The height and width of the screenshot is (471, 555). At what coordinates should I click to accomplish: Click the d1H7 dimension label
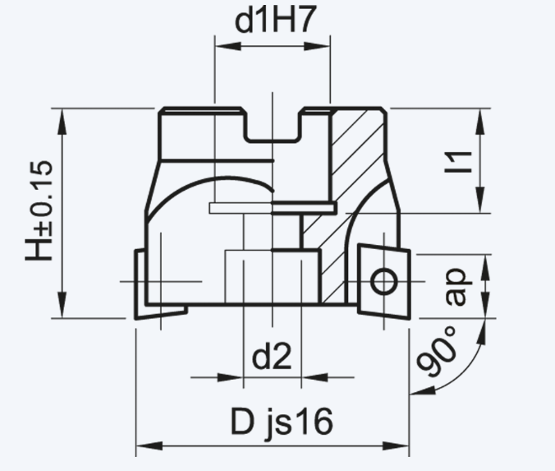click(x=275, y=21)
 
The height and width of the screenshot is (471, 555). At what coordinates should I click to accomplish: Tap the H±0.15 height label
click(x=39, y=211)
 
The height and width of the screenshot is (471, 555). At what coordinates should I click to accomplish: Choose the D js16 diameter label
click(x=282, y=422)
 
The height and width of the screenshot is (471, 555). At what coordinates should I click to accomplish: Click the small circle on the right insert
click(x=383, y=282)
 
